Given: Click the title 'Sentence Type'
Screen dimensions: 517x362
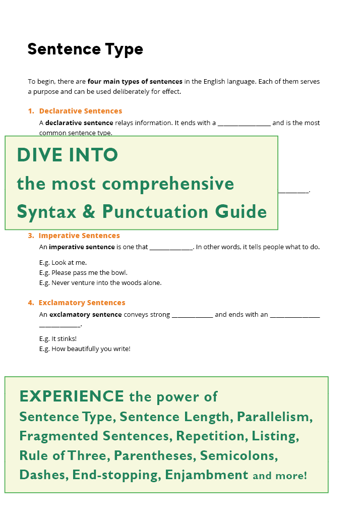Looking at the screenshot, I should click(x=85, y=49).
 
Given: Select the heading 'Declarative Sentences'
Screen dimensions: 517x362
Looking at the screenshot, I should click(x=80, y=111).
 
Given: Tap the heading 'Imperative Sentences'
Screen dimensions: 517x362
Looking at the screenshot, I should click(x=79, y=236).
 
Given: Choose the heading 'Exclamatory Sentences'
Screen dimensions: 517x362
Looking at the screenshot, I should click(x=82, y=303).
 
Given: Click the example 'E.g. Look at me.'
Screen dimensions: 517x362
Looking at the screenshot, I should click(x=63, y=262).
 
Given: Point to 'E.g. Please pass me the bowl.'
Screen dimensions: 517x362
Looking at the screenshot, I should click(x=83, y=272).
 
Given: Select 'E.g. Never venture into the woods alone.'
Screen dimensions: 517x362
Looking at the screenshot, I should click(x=100, y=283).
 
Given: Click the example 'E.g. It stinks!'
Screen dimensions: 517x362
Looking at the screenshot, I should click(x=58, y=339).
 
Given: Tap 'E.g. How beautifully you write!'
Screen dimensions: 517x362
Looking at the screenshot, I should click(x=85, y=349).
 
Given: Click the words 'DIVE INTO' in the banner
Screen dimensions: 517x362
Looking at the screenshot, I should click(x=68, y=155).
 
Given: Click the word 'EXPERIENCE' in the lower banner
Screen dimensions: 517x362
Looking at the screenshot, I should click(x=72, y=396).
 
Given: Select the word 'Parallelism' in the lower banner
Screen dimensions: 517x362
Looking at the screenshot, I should click(x=275, y=417).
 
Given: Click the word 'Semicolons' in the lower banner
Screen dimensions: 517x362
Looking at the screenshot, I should click(x=238, y=455).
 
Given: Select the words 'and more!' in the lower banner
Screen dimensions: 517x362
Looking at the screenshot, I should click(x=280, y=476).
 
